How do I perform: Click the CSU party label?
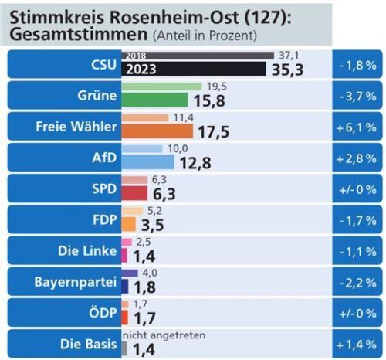pyautogui.click(x=97, y=65)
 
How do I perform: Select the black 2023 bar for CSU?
pyautogui.click(x=193, y=70)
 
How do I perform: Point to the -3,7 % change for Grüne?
pyautogui.click(x=357, y=96)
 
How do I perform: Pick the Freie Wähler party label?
pyautogui.click(x=76, y=127)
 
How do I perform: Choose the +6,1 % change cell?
pyautogui.click(x=357, y=127)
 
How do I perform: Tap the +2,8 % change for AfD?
pyautogui.click(x=357, y=158)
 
